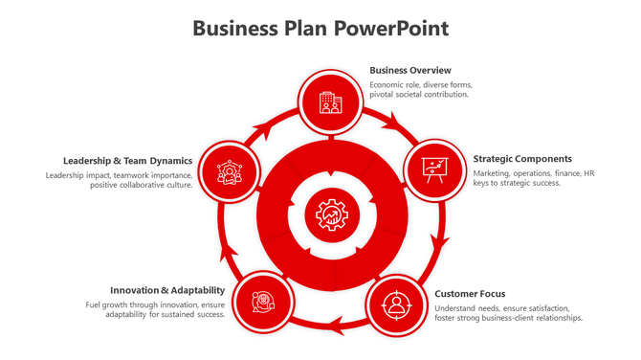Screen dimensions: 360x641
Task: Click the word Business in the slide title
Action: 234,28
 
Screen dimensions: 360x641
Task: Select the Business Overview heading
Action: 410,70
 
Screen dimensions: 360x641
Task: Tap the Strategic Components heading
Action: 522,158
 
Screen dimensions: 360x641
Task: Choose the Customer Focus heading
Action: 470,293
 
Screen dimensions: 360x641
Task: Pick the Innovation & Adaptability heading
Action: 167,289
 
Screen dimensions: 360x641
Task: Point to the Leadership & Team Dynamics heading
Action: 128,160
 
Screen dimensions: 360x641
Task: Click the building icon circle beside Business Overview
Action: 330,101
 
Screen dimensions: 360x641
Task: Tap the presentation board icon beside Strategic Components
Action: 434,169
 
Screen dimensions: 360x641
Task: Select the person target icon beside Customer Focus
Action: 395,305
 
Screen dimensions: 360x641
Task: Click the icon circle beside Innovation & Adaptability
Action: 260,303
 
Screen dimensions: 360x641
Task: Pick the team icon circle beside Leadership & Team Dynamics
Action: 230,171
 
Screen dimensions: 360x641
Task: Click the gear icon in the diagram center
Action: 331,214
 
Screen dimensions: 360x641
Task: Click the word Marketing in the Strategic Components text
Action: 492,173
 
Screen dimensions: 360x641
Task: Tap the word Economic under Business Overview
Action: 389,85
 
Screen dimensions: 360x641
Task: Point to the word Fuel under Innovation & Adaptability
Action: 94,304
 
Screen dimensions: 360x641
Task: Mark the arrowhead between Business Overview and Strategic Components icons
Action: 393,122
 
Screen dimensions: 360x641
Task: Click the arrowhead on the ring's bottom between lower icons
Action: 334,330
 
